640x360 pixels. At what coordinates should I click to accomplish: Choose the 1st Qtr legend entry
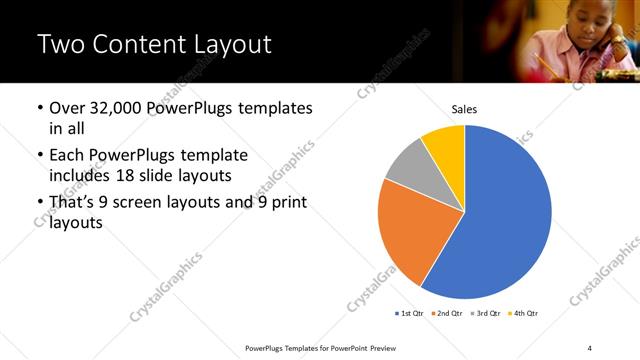[411, 314]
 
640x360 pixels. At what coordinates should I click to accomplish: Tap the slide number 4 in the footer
[590, 348]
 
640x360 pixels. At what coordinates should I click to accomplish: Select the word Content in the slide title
[137, 44]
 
